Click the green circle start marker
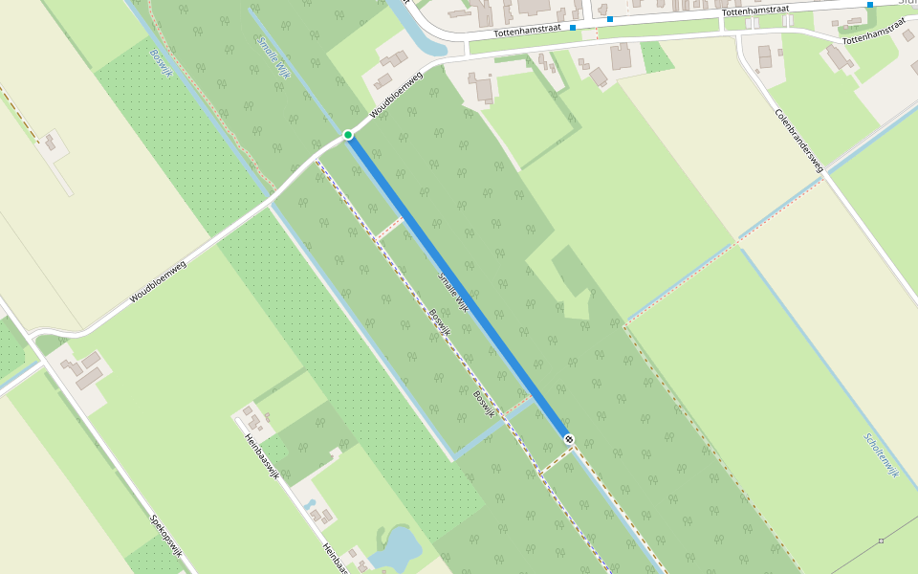pos(349,135)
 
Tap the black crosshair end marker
pos(569,438)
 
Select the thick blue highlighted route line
pos(459,287)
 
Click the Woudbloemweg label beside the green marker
pos(396,98)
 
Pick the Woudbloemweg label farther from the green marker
pos(158,281)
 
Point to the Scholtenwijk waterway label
pos(883,456)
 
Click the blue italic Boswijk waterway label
pos(159,64)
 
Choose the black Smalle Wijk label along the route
pos(454,293)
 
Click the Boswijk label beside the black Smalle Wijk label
pos(438,321)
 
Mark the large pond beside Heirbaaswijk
pos(395,548)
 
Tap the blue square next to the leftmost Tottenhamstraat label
pos(573,28)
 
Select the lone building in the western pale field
pos(50,143)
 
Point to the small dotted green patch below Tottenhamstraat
pos(657,57)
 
